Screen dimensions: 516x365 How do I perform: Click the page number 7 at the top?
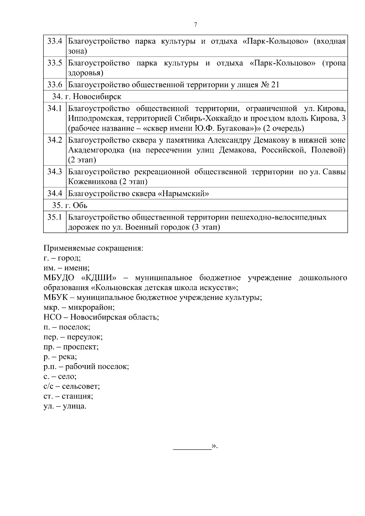[196, 25]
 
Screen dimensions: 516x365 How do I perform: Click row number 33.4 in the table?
[55, 41]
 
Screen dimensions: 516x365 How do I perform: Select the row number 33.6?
[55, 85]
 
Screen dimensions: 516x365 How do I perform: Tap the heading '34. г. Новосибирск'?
[87, 96]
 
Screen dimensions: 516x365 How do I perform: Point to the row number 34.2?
[55, 140]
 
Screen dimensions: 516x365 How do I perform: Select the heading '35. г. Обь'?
[70, 206]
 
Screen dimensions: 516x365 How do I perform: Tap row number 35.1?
[55, 217]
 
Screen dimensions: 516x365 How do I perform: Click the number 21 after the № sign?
[275, 85]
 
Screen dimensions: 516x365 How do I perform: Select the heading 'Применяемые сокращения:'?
[93, 248]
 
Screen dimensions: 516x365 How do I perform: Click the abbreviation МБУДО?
[59, 278]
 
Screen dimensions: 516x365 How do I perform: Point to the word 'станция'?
[77, 396]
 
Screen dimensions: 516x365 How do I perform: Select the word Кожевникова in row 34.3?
[91, 182]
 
